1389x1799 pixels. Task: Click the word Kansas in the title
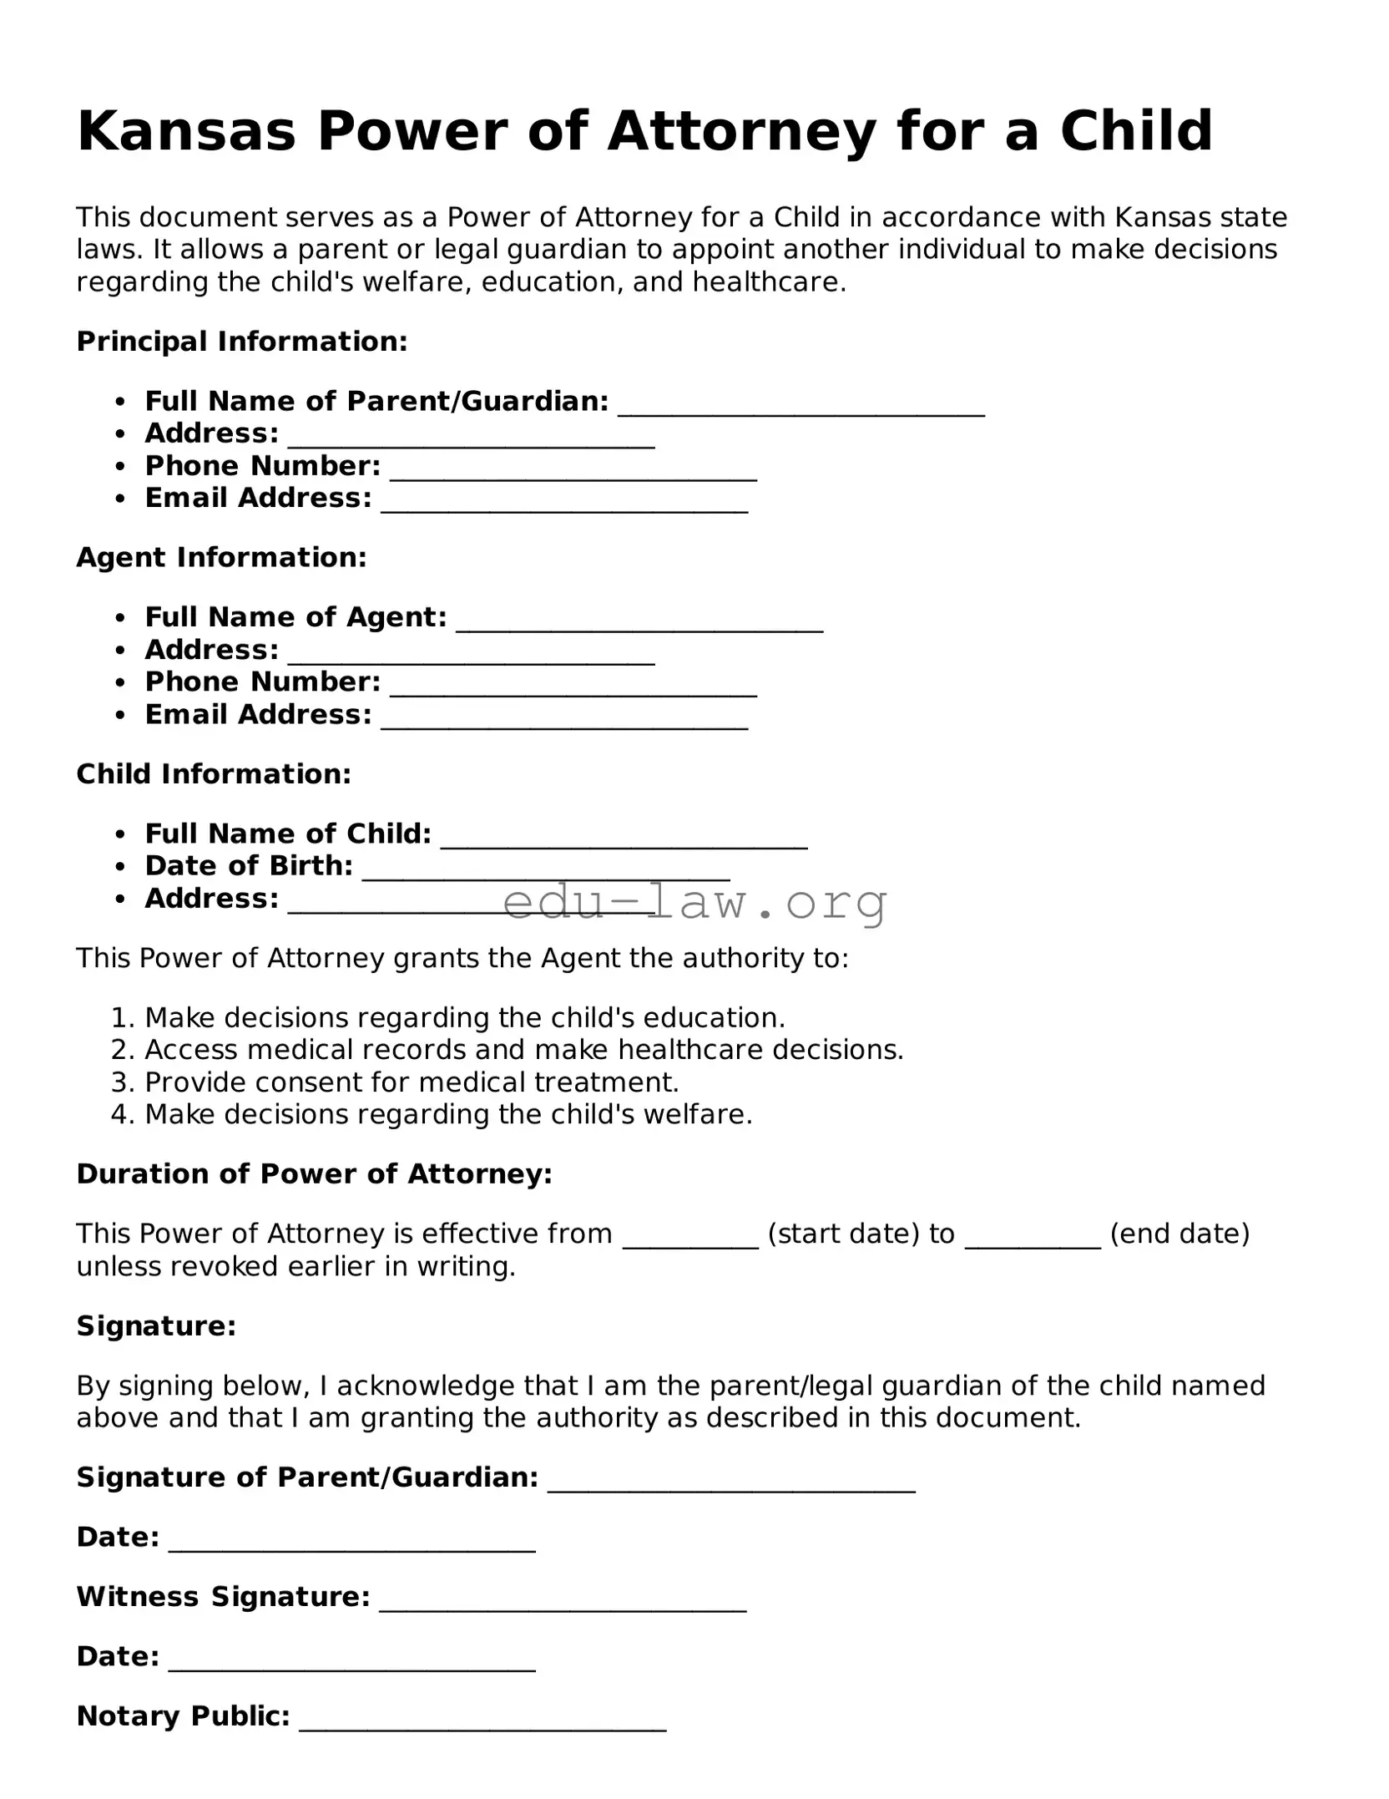pyautogui.click(x=186, y=131)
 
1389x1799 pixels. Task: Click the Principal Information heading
pyautogui.click(x=242, y=341)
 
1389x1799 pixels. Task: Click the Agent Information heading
pyautogui.click(x=221, y=557)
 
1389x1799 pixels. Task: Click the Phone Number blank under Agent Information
pyautogui.click(x=573, y=687)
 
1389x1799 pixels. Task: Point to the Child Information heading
pyautogui.click(x=214, y=773)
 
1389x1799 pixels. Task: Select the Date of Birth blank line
pyautogui.click(x=546, y=870)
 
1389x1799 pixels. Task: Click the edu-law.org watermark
pyautogui.click(x=694, y=901)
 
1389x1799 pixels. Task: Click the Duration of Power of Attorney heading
pyautogui.click(x=314, y=1173)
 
